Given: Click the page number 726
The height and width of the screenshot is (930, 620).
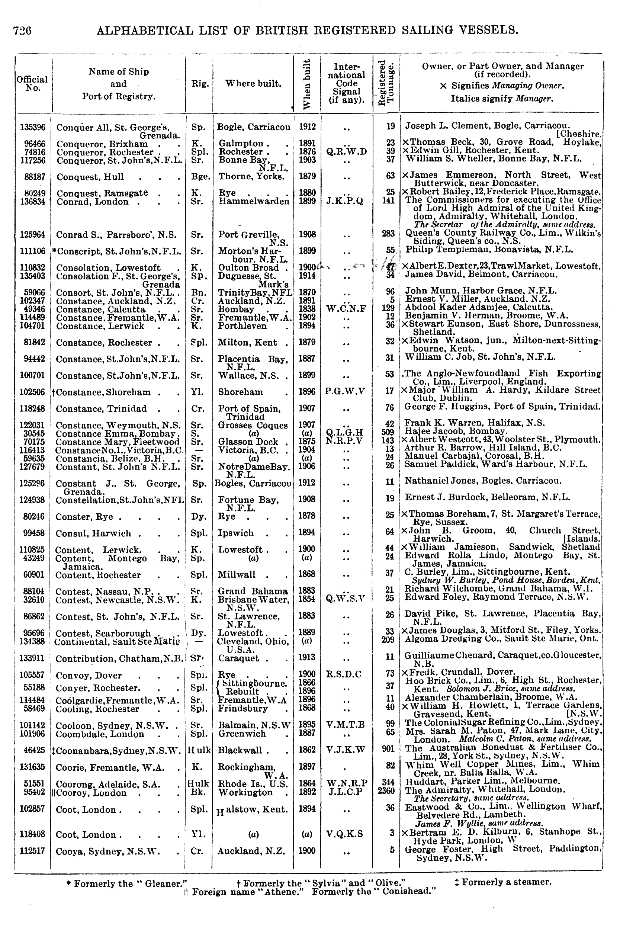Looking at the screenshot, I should pyautogui.click(x=22, y=31).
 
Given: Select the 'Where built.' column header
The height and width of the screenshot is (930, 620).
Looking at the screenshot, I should pyautogui.click(x=253, y=83).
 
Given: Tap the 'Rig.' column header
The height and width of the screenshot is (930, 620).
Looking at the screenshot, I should pyautogui.click(x=200, y=83).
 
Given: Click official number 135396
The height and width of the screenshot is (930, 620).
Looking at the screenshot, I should pyautogui.click(x=33, y=127).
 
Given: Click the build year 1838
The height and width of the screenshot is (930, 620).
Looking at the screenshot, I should pyautogui.click(x=307, y=309).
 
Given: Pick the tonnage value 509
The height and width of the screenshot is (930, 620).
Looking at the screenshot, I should pyautogui.click(x=388, y=433).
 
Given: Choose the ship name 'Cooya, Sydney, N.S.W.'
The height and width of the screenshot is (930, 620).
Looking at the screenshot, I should pyautogui.click(x=108, y=851).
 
